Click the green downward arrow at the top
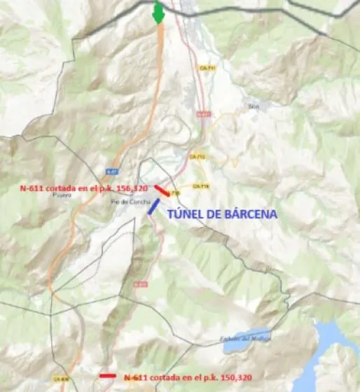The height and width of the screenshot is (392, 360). coord(159,13)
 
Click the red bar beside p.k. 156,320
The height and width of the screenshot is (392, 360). coord(161,190)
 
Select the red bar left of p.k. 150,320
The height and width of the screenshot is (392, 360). coord(107,376)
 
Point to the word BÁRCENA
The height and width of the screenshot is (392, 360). coord(245,213)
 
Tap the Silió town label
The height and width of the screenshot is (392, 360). coord(254,106)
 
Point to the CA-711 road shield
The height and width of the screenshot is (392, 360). coord(207,68)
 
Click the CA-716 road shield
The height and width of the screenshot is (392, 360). coord(200,186)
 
